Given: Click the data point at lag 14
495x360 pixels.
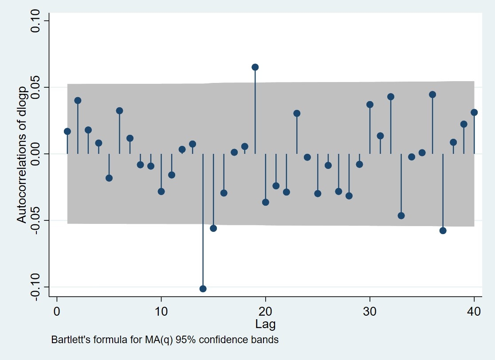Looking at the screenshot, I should click(x=203, y=289).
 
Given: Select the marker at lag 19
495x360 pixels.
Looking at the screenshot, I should click(x=255, y=67).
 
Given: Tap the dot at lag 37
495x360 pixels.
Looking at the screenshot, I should click(x=443, y=231).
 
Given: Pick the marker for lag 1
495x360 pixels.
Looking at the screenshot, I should click(x=67, y=131).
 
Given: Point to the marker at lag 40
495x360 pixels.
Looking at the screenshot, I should click(x=474, y=112).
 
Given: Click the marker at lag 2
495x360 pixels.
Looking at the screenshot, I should click(x=78, y=100).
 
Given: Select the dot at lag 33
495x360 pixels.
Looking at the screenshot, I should click(x=401, y=215).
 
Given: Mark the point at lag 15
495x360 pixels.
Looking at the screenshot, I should click(x=213, y=228).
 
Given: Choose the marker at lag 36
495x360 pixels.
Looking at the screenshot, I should click(x=432, y=94).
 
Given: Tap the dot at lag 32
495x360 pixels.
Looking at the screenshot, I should click(x=391, y=97).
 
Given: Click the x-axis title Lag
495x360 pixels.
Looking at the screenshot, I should click(x=265, y=324).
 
